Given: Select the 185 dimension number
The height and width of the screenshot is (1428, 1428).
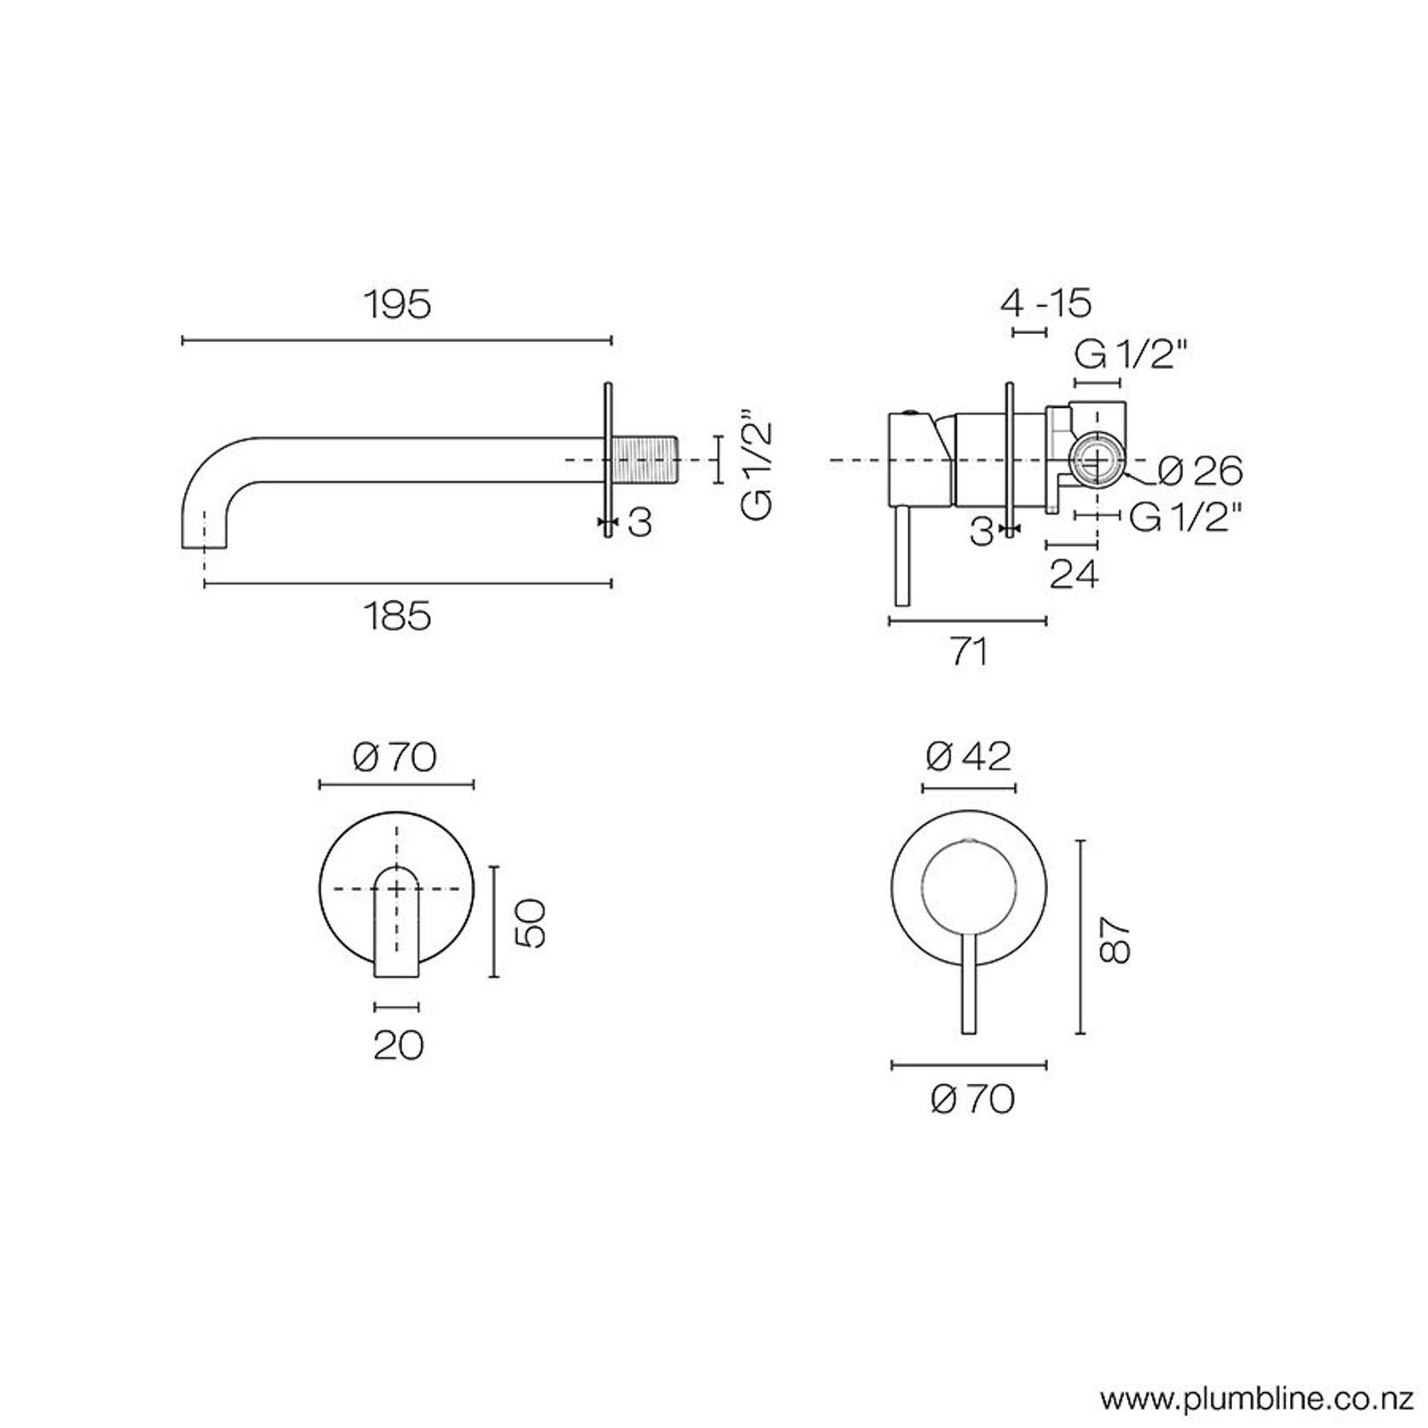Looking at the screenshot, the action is coord(397,616).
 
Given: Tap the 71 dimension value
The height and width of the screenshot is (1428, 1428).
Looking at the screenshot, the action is coord(968,652).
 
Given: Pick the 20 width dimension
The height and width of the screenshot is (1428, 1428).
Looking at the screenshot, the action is coord(398,1045).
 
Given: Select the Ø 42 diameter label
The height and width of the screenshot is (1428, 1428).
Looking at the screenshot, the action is coord(970,756).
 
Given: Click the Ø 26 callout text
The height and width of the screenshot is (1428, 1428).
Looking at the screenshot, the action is coord(1201,471).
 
